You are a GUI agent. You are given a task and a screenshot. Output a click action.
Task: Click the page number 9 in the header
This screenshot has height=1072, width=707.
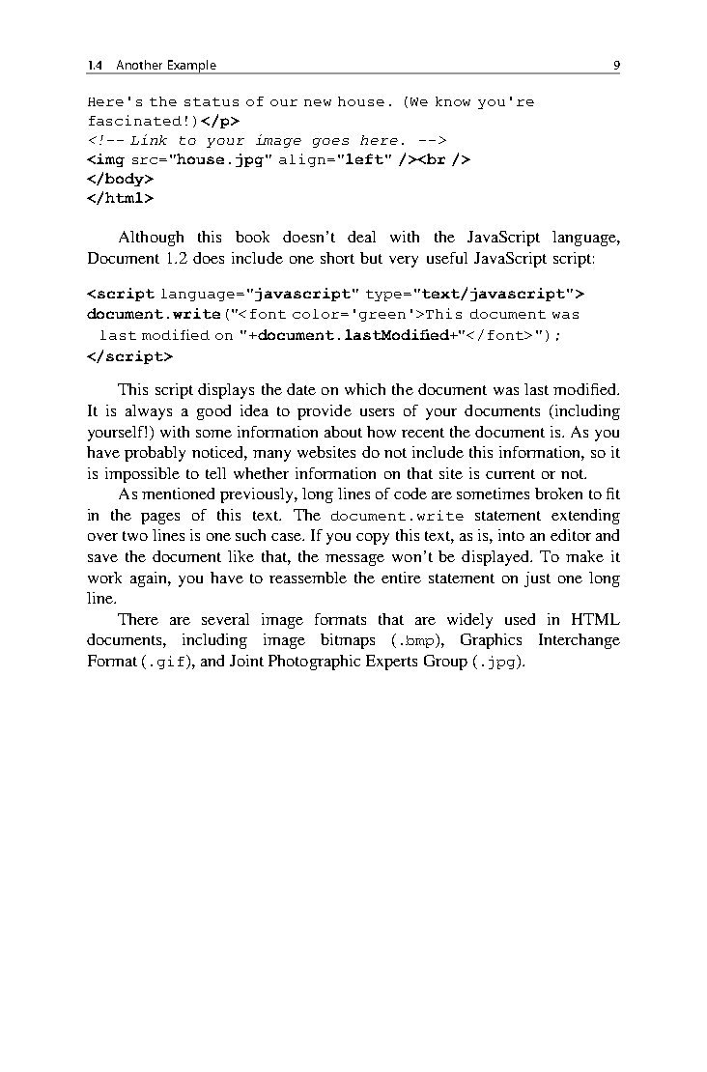pos(616,66)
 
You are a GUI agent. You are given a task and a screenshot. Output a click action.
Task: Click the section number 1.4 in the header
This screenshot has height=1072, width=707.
pos(95,66)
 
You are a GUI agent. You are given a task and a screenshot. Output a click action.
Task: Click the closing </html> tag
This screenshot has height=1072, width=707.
pos(120,198)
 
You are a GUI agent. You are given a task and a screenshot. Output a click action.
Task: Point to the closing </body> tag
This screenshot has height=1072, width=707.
pos(120,179)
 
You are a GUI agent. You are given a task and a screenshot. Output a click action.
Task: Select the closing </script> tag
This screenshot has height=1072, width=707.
pos(129,355)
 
